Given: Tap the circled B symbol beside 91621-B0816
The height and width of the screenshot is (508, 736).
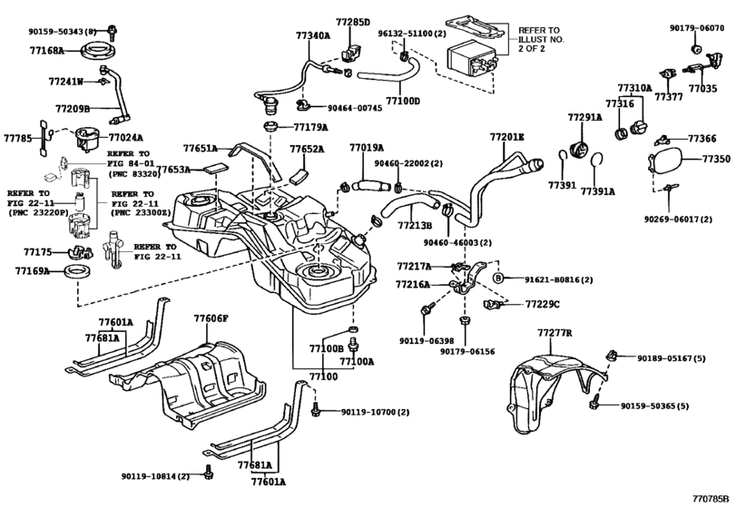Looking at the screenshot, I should pyautogui.click(x=497, y=277).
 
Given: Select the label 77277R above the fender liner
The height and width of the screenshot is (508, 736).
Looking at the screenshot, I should pyautogui.click(x=554, y=334).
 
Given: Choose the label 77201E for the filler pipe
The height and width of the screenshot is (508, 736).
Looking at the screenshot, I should pyautogui.click(x=508, y=138).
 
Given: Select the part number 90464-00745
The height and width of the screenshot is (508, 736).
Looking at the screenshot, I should pyautogui.click(x=355, y=108).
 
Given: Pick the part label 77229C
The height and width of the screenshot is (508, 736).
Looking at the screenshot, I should pyautogui.click(x=543, y=304).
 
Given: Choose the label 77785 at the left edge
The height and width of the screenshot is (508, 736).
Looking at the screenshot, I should pyautogui.click(x=17, y=139).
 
